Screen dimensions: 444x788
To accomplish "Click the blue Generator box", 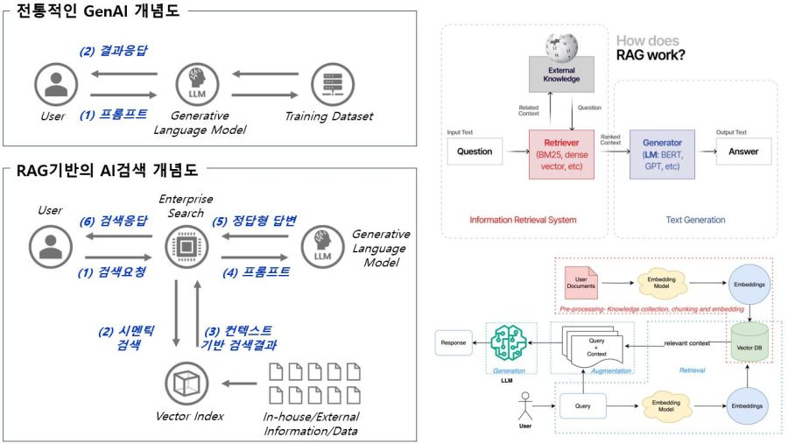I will (661, 152).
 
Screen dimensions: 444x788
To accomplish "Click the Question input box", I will (475, 152).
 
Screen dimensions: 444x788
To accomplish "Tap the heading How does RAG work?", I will (651, 49).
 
